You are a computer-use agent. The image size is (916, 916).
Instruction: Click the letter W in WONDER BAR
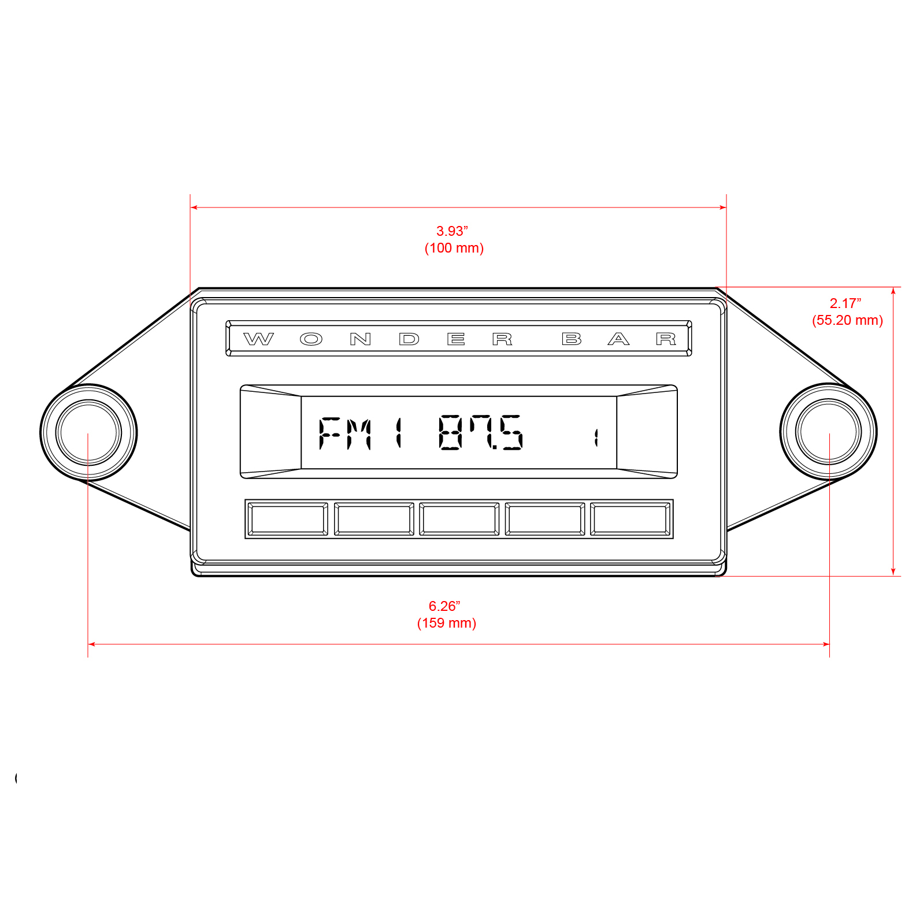pyautogui.click(x=258, y=339)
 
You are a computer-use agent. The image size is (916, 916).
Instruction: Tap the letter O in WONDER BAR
pyautogui.click(x=311, y=339)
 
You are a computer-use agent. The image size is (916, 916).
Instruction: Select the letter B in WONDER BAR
pyautogui.click(x=572, y=339)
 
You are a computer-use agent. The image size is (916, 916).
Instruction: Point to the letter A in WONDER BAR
pyautogui.click(x=618, y=339)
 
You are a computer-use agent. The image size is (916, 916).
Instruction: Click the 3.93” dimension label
pyautogui.click(x=452, y=231)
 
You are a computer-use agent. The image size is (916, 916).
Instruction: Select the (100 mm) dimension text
pyautogui.click(x=454, y=248)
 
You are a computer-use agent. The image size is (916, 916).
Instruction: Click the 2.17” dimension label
pyautogui.click(x=845, y=303)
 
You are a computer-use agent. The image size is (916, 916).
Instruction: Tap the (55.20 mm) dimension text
pyautogui.click(x=847, y=320)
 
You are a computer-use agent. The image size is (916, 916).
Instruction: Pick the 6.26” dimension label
pyautogui.click(x=444, y=606)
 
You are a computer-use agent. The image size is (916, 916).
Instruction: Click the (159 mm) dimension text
pyautogui.click(x=447, y=623)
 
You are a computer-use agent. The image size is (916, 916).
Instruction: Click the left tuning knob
pyautogui.click(x=88, y=432)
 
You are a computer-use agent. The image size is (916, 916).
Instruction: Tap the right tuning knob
pyautogui.click(x=828, y=431)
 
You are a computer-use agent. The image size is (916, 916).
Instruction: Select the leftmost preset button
pyautogui.click(x=287, y=519)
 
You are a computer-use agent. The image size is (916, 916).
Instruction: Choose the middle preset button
pyautogui.click(x=459, y=519)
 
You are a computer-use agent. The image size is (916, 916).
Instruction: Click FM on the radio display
pyautogui.click(x=345, y=433)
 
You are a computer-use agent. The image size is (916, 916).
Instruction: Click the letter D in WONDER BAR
pyautogui.click(x=409, y=339)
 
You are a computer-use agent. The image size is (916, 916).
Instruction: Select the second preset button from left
pyautogui.click(x=374, y=519)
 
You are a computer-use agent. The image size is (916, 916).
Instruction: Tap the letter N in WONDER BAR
pyautogui.click(x=360, y=339)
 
